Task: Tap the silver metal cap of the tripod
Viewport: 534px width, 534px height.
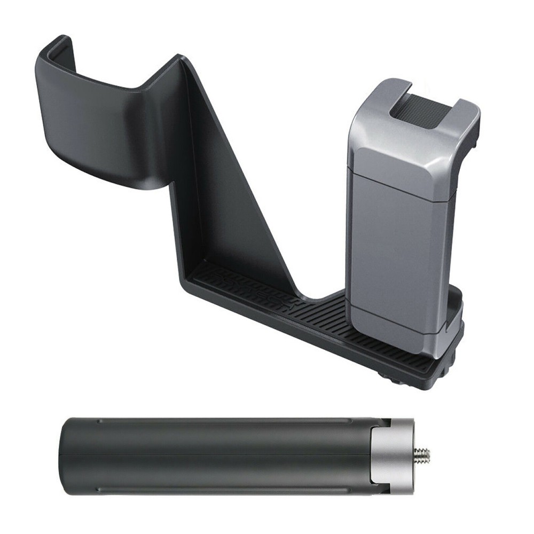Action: tap(398, 455)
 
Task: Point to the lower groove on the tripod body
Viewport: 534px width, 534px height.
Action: tap(214, 487)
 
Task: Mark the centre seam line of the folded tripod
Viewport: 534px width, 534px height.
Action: tap(214, 454)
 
